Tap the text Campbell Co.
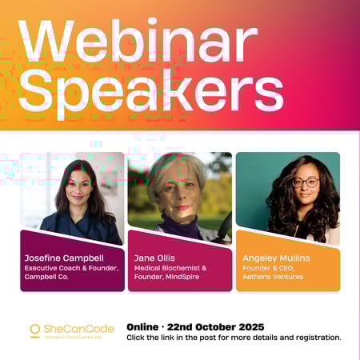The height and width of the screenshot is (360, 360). pyautogui.click(x=50, y=278)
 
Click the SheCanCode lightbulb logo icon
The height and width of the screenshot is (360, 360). pyautogui.click(x=35, y=330)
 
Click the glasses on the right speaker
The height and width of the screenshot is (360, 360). pyautogui.click(x=305, y=182)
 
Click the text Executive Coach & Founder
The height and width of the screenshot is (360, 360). pyautogui.click(x=71, y=268)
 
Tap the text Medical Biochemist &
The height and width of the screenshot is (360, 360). pyautogui.click(x=170, y=268)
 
